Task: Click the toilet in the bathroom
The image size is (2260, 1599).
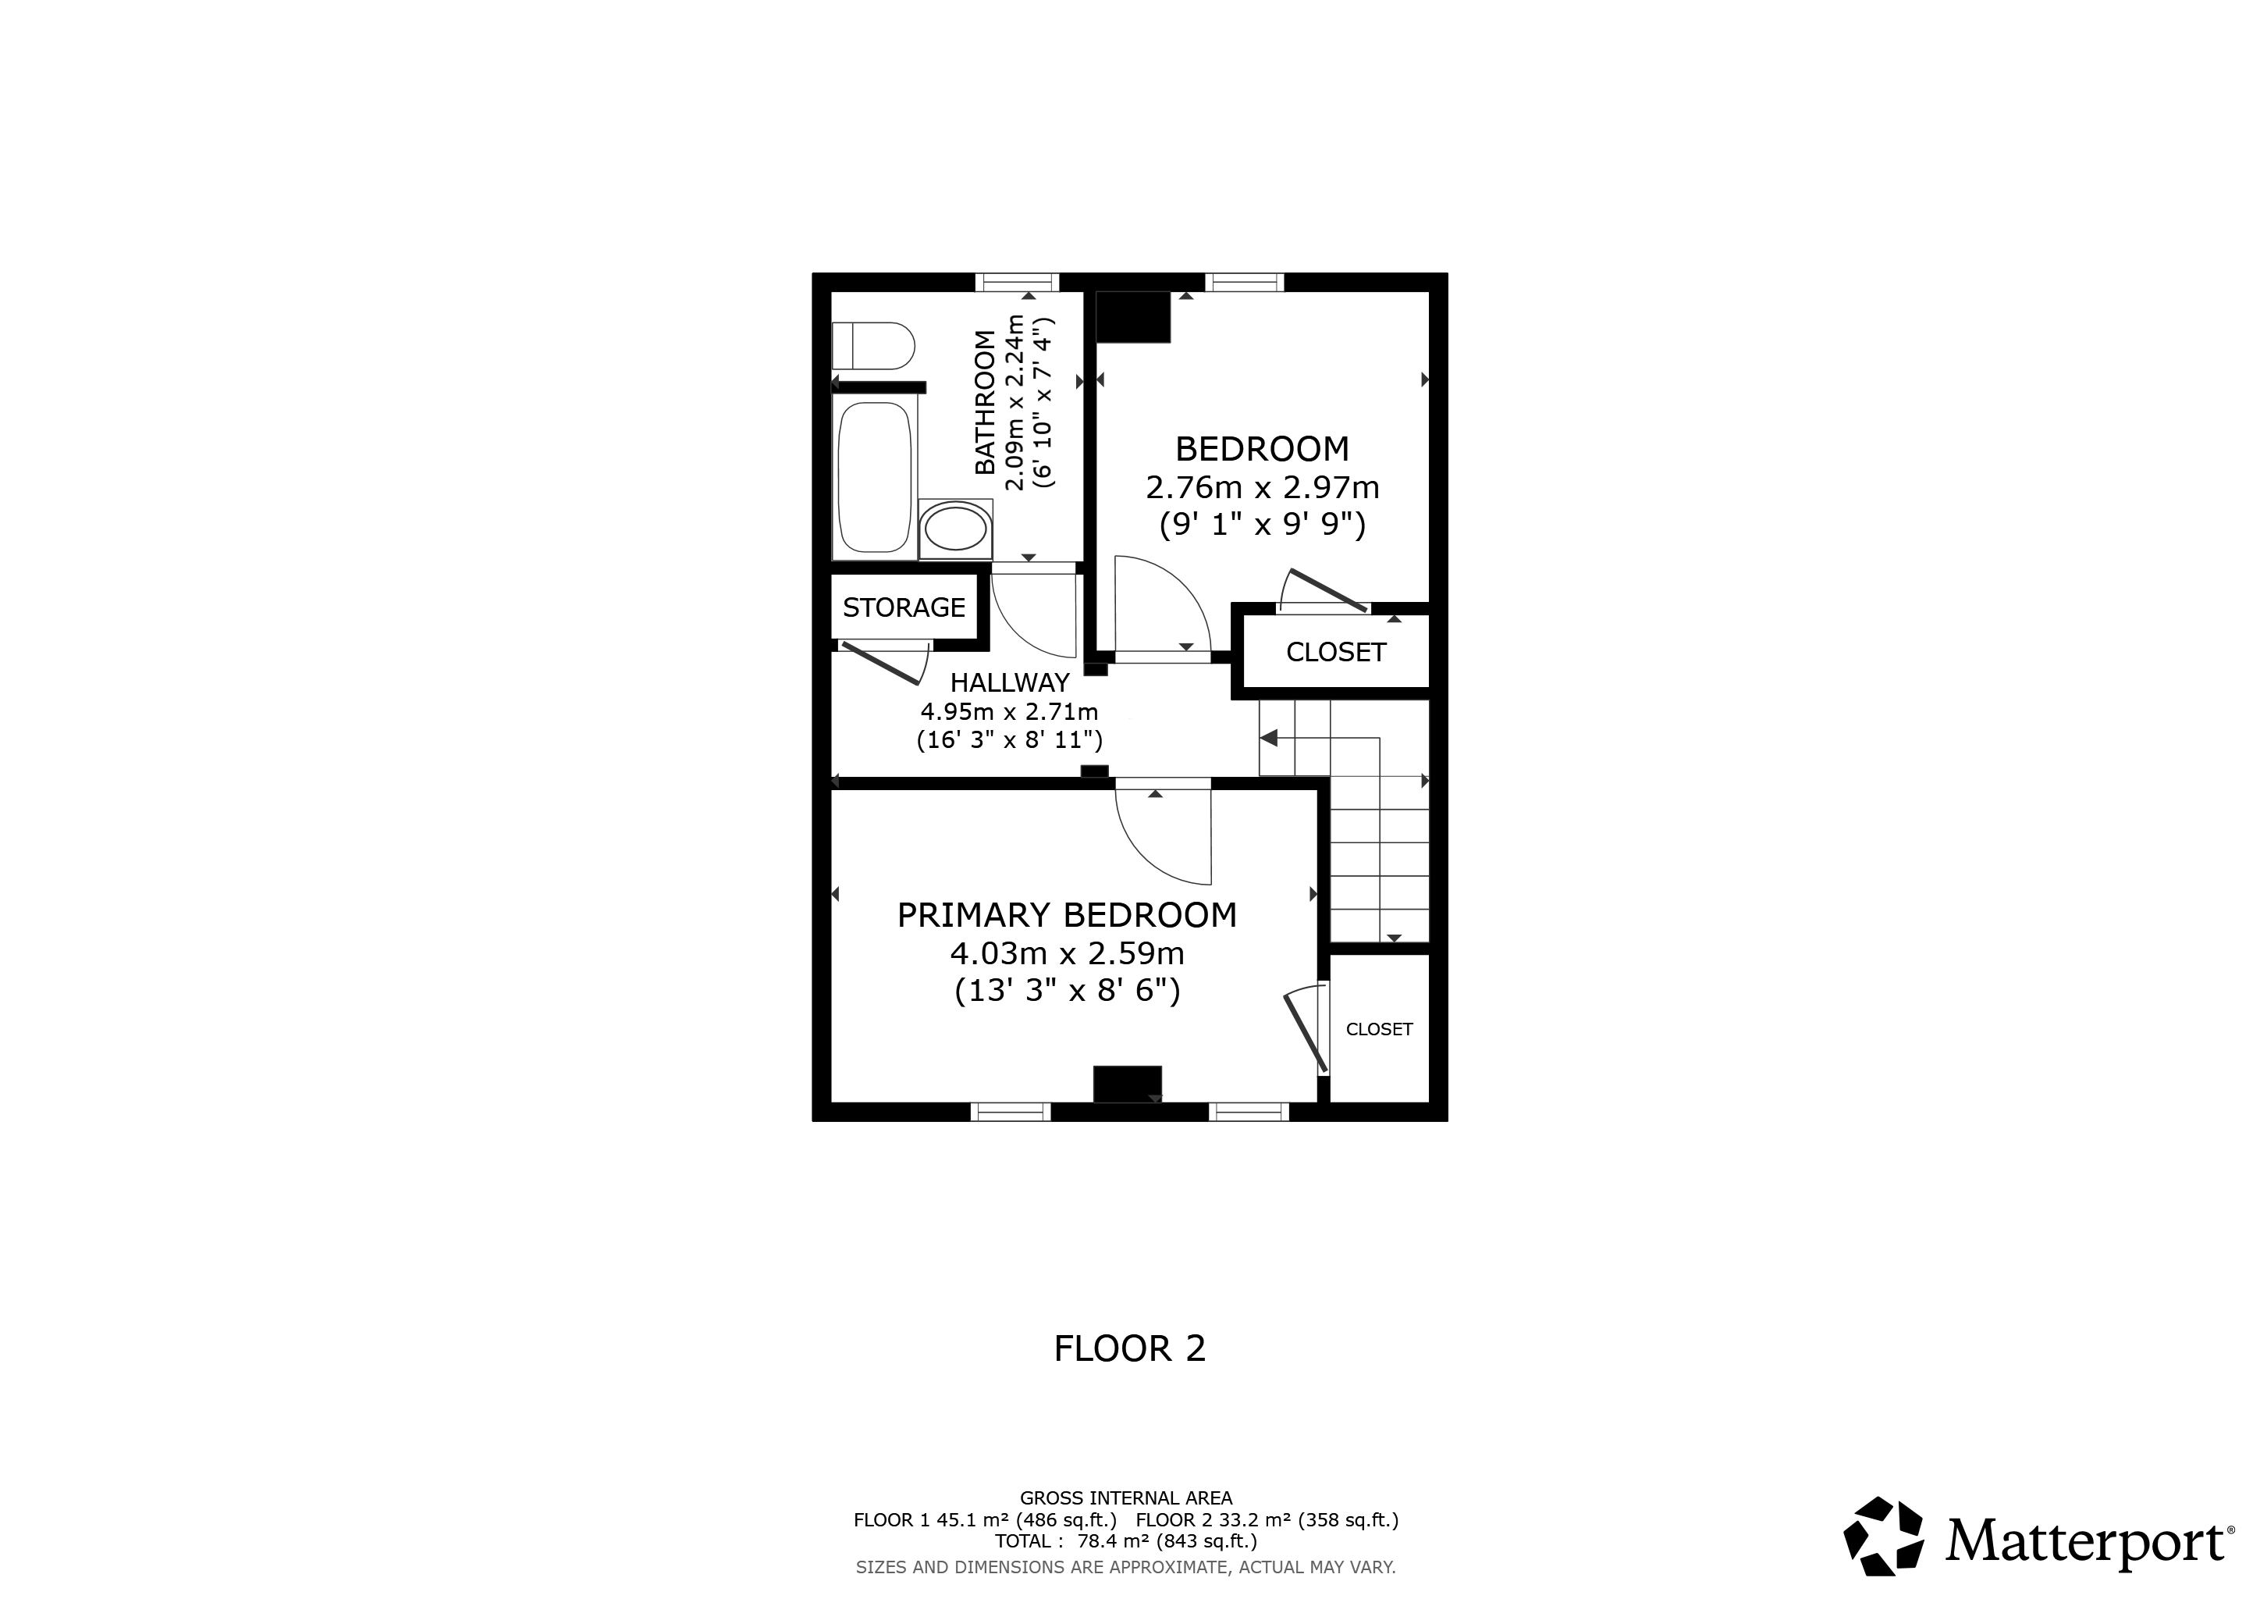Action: pyautogui.click(x=873, y=346)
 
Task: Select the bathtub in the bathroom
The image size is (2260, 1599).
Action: pyautogui.click(x=874, y=478)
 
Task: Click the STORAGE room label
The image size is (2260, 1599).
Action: pyautogui.click(x=904, y=607)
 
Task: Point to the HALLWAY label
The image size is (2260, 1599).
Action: pyautogui.click(x=1009, y=682)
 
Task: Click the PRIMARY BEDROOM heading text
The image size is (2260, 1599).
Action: pyautogui.click(x=1067, y=916)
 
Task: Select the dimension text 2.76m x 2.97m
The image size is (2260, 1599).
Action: pyautogui.click(x=1263, y=487)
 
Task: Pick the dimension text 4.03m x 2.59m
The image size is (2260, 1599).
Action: pyautogui.click(x=1067, y=953)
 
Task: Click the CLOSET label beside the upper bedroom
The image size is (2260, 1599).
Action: pyautogui.click(x=1336, y=652)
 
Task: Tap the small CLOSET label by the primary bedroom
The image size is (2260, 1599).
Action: pyautogui.click(x=1379, y=1029)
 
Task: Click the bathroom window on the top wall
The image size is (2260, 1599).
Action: pyautogui.click(x=1017, y=283)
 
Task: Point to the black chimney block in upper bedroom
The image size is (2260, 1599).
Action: pyautogui.click(x=1133, y=317)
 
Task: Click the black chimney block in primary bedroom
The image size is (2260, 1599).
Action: pyautogui.click(x=1128, y=1084)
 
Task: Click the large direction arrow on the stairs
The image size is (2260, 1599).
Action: pyautogui.click(x=1269, y=738)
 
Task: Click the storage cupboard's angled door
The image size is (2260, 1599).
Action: pyautogui.click(x=881, y=664)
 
